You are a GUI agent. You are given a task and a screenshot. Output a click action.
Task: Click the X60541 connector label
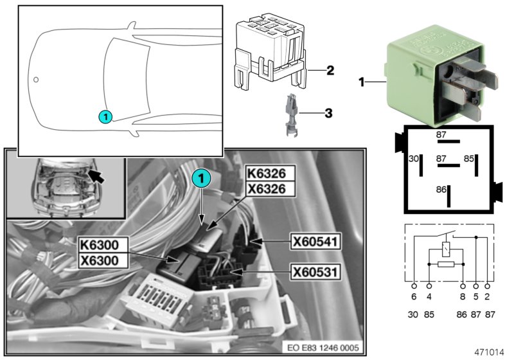click(315, 242)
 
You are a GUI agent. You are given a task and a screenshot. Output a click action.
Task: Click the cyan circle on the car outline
click(105, 116)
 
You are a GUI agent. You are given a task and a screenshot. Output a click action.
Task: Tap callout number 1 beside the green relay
click(362, 82)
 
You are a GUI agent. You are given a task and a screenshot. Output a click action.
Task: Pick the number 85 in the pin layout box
click(469, 158)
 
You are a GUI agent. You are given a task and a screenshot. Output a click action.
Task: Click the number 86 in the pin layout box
click(440, 190)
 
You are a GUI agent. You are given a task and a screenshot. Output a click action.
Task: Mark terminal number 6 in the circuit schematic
click(413, 298)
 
